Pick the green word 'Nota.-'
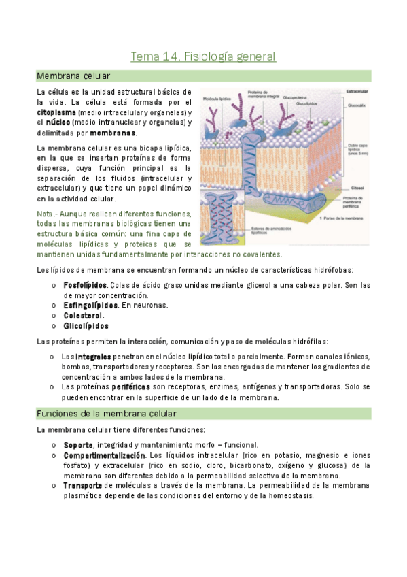click(49, 213)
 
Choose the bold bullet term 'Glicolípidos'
click(86, 326)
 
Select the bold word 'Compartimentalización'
click(104, 455)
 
